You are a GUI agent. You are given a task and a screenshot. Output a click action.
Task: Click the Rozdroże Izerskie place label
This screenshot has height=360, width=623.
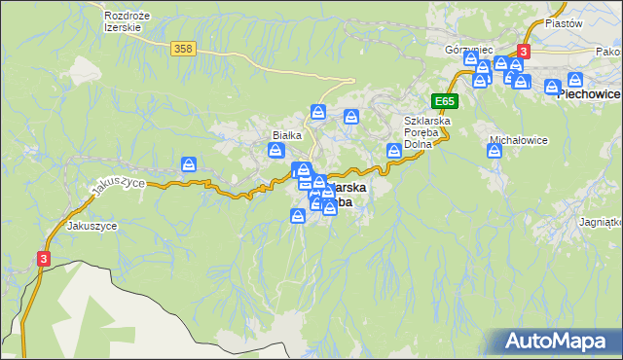pos(124,21)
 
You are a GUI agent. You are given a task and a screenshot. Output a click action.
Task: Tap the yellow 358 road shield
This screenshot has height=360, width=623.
pos(181,48)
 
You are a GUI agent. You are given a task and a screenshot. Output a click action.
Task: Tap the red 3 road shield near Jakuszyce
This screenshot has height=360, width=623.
pos(44,258)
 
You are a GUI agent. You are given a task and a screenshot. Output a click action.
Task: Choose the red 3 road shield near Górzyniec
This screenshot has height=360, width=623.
pos(524,51)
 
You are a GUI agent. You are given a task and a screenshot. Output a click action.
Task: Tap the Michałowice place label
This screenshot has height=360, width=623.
pos(518,140)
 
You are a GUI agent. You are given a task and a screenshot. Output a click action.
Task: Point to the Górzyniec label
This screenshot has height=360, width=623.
pos(469,49)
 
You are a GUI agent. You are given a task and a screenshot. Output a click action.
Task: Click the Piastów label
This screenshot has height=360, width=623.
pos(563,23)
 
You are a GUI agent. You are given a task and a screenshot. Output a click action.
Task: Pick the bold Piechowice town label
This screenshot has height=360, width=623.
pos(588,95)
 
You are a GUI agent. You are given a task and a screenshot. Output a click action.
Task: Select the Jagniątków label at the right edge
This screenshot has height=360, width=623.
pos(600,222)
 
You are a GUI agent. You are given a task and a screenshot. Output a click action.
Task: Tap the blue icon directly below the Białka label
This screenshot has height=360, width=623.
pos(276,150)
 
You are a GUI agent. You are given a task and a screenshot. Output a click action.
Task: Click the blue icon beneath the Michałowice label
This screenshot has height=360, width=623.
pos(494,151)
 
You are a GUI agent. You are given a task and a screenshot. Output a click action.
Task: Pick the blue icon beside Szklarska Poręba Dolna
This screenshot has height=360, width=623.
pos(394,150)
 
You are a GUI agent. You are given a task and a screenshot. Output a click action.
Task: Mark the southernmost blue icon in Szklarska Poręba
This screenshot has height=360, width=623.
pos(298,215)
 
